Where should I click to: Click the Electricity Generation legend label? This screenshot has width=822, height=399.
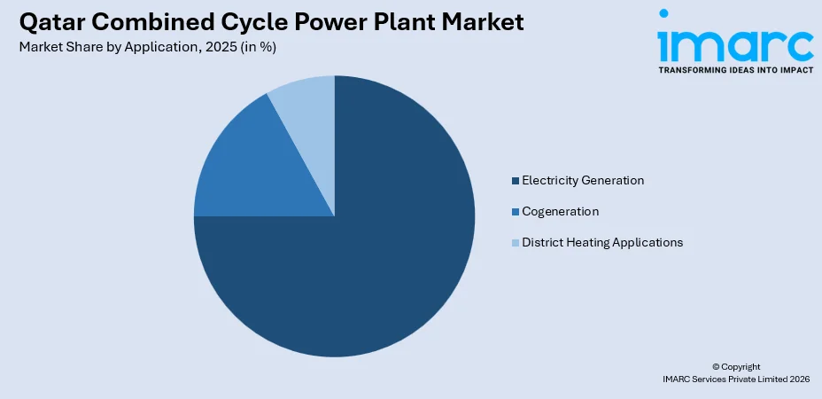[583, 181]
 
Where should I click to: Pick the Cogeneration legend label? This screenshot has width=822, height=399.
[561, 212]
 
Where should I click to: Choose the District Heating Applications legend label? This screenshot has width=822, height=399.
[602, 242]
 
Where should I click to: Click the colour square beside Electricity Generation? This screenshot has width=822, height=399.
[515, 181]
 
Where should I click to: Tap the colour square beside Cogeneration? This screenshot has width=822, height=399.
[515, 212]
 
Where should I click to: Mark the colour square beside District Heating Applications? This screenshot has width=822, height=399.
[515, 242]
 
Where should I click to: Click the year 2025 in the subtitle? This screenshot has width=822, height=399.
[219, 47]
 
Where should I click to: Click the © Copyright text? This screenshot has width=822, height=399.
[736, 366]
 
